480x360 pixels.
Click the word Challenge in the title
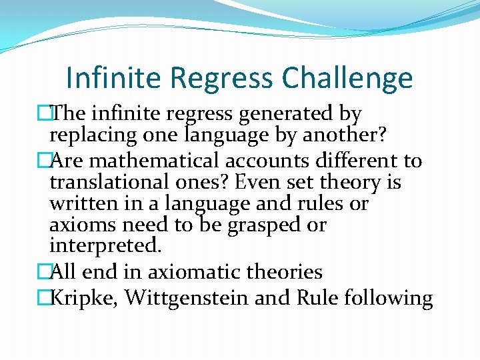[x=347, y=79]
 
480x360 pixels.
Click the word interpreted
[x=105, y=245]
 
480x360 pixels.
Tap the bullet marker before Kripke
[x=44, y=297]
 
